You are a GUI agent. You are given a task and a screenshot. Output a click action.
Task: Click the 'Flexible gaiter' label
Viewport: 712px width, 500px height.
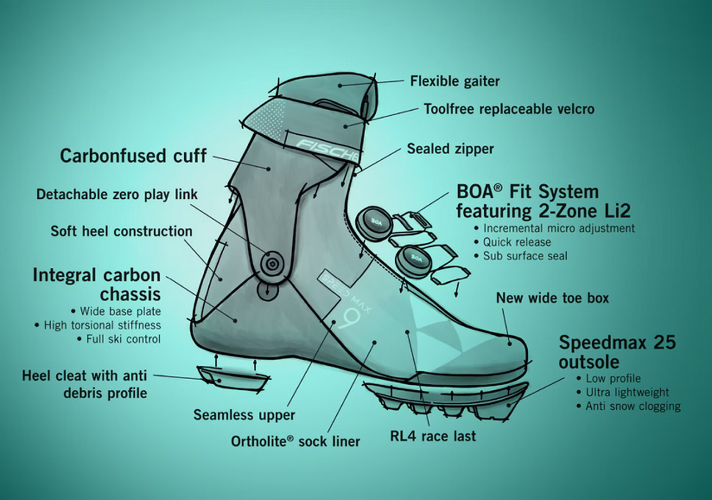click(455, 81)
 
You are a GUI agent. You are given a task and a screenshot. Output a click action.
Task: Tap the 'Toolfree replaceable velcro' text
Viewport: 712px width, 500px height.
click(509, 109)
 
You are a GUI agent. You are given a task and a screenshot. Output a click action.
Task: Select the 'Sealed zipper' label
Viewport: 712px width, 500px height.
click(450, 149)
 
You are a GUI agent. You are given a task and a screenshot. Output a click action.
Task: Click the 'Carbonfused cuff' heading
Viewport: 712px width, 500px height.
click(133, 155)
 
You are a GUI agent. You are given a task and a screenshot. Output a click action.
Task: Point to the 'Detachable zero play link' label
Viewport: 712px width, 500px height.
click(117, 194)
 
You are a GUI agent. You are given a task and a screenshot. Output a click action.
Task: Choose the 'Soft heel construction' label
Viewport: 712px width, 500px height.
click(121, 231)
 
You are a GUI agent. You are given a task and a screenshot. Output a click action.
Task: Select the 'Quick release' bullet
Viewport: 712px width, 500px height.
click(517, 242)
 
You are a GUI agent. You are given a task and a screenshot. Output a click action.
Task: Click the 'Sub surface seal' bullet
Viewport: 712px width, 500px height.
click(525, 256)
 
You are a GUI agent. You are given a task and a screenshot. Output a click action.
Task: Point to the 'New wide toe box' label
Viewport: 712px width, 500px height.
click(552, 298)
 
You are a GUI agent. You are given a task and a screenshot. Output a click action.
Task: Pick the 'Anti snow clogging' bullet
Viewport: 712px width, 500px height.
click(632, 406)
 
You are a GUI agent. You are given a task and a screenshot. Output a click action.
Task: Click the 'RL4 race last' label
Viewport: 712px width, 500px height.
click(433, 436)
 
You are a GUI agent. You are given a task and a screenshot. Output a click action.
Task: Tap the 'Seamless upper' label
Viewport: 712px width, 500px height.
click(244, 415)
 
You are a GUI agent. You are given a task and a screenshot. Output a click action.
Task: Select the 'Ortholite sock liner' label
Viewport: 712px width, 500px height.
click(296, 442)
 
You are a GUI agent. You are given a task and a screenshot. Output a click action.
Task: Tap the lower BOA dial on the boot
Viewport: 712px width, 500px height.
click(414, 258)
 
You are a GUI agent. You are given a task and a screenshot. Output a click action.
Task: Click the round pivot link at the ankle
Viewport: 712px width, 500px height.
click(272, 263)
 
